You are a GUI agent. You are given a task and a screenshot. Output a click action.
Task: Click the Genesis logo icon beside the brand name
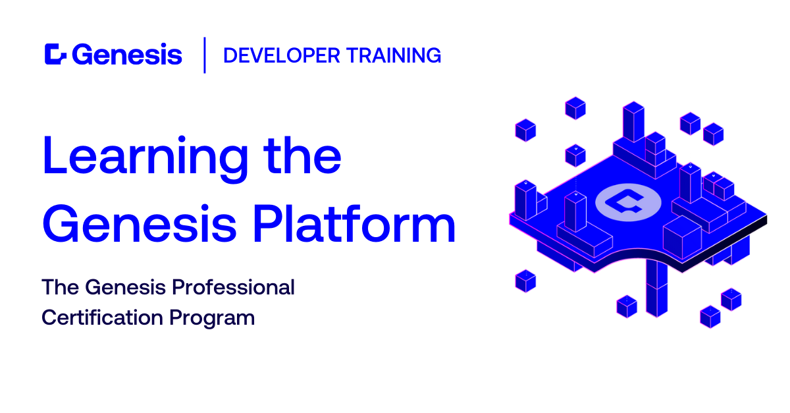[x=55, y=55]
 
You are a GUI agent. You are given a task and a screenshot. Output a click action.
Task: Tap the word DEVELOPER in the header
[x=282, y=56]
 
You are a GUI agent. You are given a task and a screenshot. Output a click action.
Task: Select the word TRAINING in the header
[x=394, y=56]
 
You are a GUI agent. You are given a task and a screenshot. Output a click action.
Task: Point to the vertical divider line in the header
[x=205, y=55]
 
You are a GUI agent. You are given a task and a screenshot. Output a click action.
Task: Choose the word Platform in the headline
[x=354, y=223]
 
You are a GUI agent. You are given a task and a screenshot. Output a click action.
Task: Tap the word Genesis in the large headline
[x=140, y=223]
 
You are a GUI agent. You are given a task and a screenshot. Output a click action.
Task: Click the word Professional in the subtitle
[x=233, y=287]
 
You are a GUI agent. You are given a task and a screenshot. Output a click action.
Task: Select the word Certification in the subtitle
[x=102, y=317]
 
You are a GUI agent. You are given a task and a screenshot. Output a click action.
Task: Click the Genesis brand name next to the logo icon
[x=127, y=55]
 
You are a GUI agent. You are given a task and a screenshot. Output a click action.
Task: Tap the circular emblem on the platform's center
[x=628, y=202]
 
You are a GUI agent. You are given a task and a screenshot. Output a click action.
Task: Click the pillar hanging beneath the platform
[x=657, y=288]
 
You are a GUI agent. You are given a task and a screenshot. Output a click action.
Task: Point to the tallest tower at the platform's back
[x=633, y=122]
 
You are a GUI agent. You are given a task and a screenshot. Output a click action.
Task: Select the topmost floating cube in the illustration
[x=575, y=108]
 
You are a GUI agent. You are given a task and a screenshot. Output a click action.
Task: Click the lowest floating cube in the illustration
[x=710, y=317]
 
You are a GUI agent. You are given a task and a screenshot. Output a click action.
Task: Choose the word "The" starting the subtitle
[x=61, y=287]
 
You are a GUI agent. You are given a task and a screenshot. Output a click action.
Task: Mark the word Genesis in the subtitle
[x=126, y=287]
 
